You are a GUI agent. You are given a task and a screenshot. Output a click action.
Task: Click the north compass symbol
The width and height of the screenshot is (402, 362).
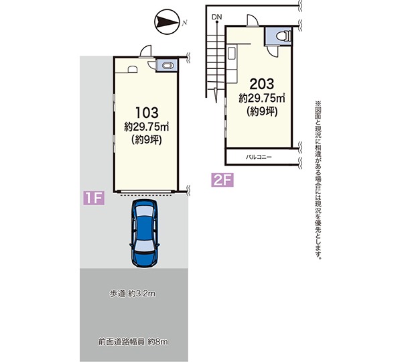coord(167,21)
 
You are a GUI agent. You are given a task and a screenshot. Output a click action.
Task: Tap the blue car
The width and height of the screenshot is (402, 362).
coord(145,233)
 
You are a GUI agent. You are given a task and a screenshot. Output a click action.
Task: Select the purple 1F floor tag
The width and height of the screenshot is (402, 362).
coord(94,198)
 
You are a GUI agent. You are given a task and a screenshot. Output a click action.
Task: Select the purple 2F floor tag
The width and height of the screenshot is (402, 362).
coord(222,180)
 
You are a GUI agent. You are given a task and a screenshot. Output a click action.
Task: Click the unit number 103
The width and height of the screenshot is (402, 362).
coord(147,113)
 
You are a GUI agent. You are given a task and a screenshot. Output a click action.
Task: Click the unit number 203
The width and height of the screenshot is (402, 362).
coord(262,84)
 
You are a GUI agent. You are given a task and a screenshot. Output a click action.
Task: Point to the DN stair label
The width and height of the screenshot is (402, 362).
coord(216,17)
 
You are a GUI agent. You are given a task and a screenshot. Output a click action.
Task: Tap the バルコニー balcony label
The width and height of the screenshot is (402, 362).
coord(259,157)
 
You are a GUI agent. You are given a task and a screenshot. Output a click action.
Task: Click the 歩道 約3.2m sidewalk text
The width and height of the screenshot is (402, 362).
coord(133,294)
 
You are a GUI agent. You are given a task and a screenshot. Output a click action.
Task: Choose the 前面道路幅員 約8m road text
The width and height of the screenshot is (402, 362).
coord(133,342)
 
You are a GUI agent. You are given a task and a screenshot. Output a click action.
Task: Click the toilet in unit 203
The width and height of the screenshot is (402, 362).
coord(284,36)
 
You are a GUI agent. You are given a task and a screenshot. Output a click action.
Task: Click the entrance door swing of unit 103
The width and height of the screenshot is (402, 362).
coord(145,51)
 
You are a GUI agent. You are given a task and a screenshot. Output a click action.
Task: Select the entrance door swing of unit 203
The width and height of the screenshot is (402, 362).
coord(253,20)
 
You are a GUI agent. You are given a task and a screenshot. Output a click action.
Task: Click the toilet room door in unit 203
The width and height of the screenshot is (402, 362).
coord(273,52)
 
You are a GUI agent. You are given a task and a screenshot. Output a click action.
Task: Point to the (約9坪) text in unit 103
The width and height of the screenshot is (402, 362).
coord(147,140)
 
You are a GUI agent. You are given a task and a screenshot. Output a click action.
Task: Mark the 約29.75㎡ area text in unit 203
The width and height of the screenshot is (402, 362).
coord(262,98)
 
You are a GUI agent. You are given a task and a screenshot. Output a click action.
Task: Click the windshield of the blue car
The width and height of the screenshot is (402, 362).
coord(144,247)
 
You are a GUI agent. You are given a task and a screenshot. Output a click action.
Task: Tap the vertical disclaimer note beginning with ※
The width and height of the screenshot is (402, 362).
coord(318,180)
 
